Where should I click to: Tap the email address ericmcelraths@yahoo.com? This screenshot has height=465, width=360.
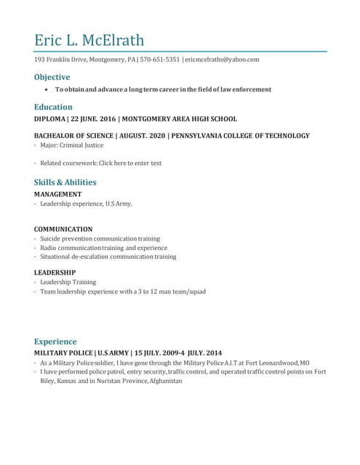(x=223, y=60)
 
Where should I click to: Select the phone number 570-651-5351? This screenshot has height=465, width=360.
(x=159, y=60)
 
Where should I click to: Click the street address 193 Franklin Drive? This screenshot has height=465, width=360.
(x=60, y=60)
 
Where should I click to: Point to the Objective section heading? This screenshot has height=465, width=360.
(x=52, y=77)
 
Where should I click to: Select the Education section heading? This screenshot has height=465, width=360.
(x=52, y=107)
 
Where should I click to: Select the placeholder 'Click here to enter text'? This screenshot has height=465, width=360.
(x=135, y=163)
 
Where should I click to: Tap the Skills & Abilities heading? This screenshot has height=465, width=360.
(x=65, y=182)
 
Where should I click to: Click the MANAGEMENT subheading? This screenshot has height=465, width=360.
(x=57, y=195)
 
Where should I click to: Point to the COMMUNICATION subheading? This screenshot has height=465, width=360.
(x=63, y=229)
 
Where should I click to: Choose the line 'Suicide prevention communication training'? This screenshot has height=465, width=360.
(x=100, y=238)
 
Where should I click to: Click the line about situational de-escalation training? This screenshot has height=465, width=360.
(x=108, y=256)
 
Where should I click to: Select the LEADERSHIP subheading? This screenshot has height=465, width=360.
(x=55, y=272)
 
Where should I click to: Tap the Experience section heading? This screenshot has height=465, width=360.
(x=55, y=341)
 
